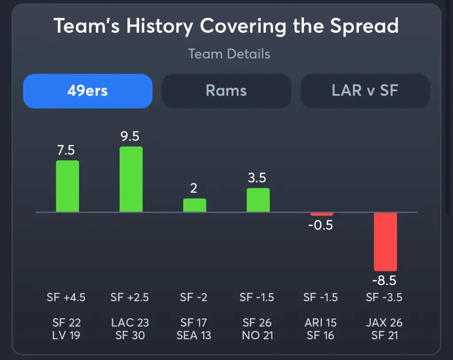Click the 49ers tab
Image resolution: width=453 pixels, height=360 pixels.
[x=88, y=91]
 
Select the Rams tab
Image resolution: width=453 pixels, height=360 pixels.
[x=226, y=91]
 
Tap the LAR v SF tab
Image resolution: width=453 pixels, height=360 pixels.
[x=365, y=91]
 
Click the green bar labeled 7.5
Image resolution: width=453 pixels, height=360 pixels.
[x=67, y=186]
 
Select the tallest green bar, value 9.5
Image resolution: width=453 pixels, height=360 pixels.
[x=131, y=179]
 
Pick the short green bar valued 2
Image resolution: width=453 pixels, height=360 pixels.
[x=195, y=205]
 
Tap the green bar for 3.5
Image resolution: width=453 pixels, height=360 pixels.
[x=258, y=200]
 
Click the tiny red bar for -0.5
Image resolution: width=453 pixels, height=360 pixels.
[x=322, y=214]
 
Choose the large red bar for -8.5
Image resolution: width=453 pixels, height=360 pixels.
[x=385, y=242]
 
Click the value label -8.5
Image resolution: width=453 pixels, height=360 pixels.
[x=384, y=281]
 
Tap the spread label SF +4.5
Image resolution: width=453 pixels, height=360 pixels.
[x=66, y=297]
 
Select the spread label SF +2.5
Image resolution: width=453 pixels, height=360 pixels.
[x=130, y=297]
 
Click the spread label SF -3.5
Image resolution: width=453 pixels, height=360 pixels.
[x=384, y=297]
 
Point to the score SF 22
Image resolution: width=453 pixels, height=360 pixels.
[x=66, y=323]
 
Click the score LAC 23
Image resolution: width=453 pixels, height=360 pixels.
[x=130, y=323]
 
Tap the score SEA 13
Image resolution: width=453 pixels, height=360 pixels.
[x=193, y=336]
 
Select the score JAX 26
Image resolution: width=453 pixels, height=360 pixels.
[x=384, y=323]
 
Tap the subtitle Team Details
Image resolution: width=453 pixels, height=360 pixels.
[x=229, y=54]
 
